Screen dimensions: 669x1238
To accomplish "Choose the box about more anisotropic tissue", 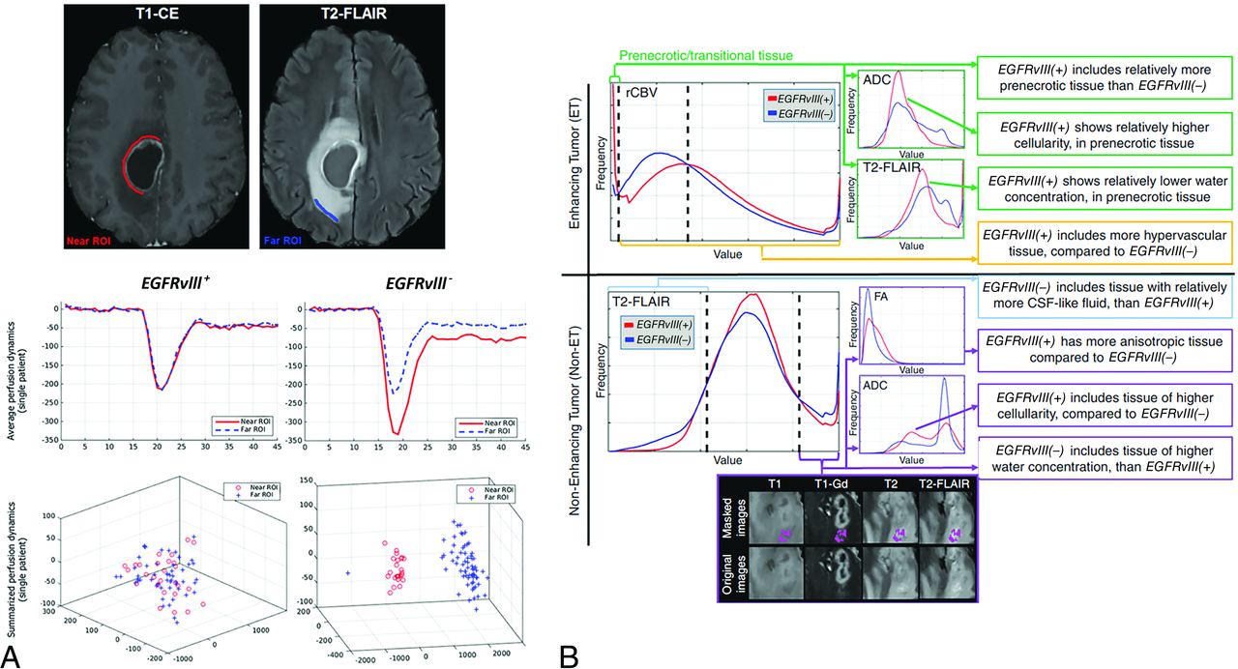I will coord(1100,352).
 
